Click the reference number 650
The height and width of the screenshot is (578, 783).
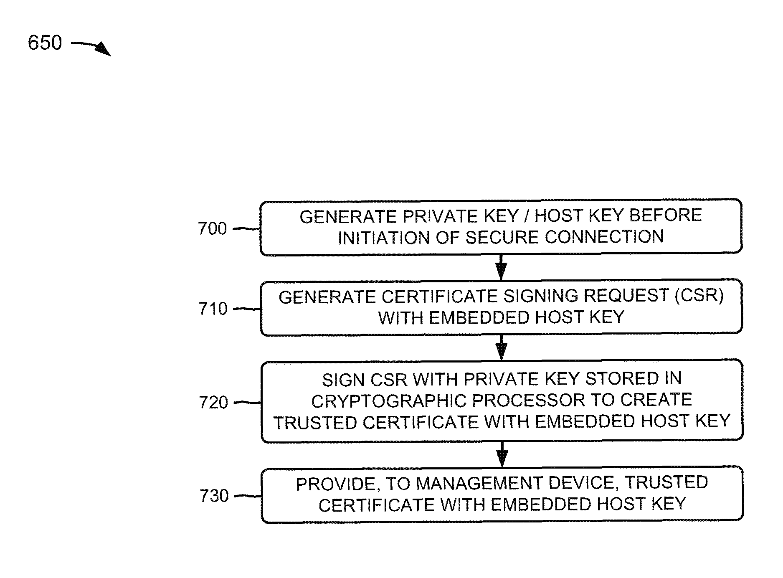[45, 43]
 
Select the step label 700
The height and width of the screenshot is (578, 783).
[212, 229]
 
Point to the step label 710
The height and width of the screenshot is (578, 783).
[213, 309]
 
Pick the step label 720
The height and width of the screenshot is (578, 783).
[213, 403]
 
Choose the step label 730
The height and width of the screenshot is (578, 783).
[214, 496]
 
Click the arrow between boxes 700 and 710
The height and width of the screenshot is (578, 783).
[501, 267]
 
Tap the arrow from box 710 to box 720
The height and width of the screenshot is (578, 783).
[502, 347]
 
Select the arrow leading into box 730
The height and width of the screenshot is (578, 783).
[502, 454]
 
